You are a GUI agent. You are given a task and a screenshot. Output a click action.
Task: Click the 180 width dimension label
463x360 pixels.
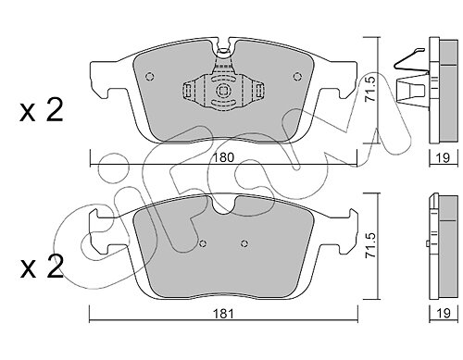tap(224, 157)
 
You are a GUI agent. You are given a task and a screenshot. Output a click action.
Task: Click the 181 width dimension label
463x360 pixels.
tap(224, 314)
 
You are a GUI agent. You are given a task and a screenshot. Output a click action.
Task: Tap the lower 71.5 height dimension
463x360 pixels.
tap(369, 245)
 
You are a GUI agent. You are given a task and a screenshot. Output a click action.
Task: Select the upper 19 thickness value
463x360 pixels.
tap(444, 157)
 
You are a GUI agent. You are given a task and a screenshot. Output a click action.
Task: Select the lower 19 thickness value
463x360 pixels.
tap(444, 314)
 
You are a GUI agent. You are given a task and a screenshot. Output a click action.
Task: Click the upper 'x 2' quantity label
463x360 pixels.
tap(42, 110)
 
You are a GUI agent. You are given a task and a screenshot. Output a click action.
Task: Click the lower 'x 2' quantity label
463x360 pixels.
tap(42, 267)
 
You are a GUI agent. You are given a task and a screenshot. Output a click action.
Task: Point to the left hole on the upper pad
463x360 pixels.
tap(150, 76)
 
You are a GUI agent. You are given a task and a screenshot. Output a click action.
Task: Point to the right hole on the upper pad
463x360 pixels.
tap(297, 76)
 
